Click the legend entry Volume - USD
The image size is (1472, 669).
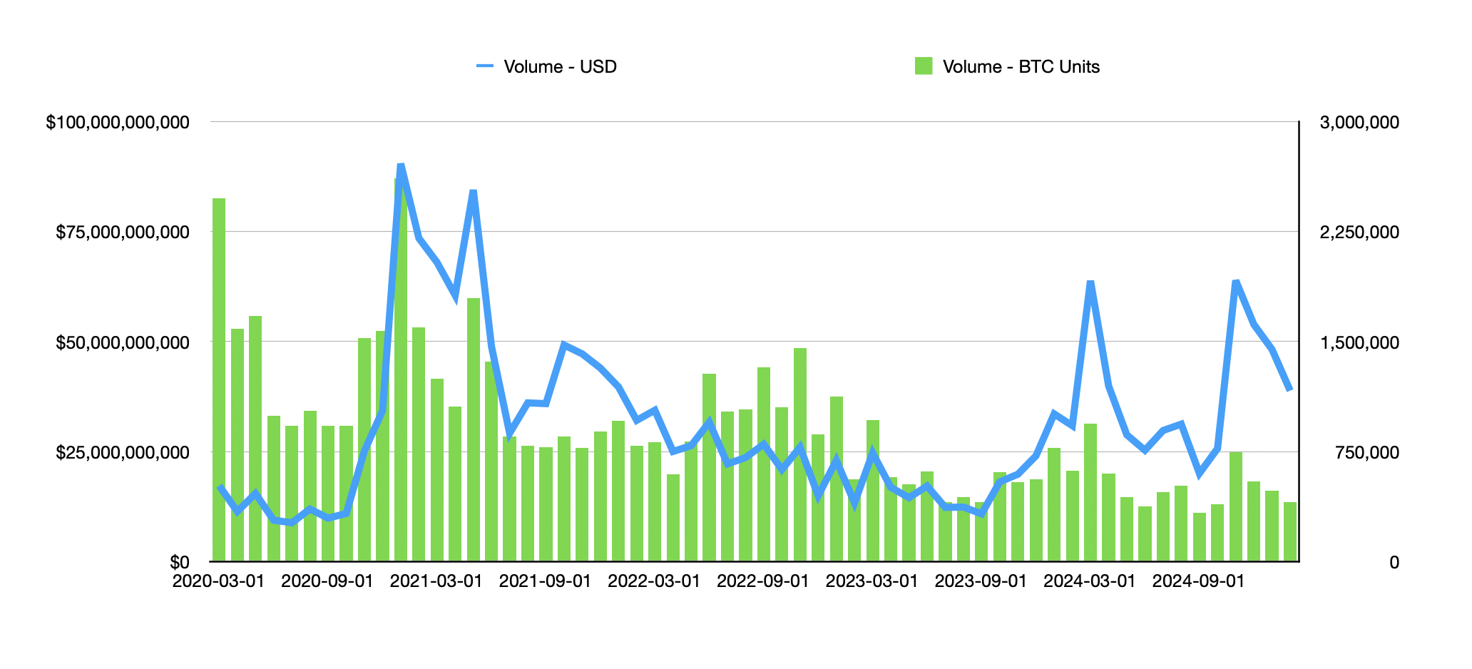point(559,66)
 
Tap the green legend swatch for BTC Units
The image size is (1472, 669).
point(923,66)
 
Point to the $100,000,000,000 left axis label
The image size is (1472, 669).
point(118,123)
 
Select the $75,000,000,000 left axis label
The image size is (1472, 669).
point(123,233)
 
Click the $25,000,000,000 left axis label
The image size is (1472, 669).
point(123,452)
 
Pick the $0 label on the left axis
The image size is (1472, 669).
point(180,562)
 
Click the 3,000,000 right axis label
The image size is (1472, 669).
point(1359,123)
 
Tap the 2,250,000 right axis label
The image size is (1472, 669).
point(1359,233)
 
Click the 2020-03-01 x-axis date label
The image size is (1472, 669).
point(218,581)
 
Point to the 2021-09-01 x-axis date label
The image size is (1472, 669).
point(545,581)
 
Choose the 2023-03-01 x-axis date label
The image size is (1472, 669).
point(872,581)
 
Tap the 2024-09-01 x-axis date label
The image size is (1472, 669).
point(1198,581)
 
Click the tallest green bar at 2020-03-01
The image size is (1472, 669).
point(219,378)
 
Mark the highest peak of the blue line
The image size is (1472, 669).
point(401,165)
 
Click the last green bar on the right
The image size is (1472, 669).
point(1290,531)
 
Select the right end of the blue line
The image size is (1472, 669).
point(1289,389)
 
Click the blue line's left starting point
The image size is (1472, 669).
point(220,487)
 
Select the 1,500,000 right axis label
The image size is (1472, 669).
point(1359,342)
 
